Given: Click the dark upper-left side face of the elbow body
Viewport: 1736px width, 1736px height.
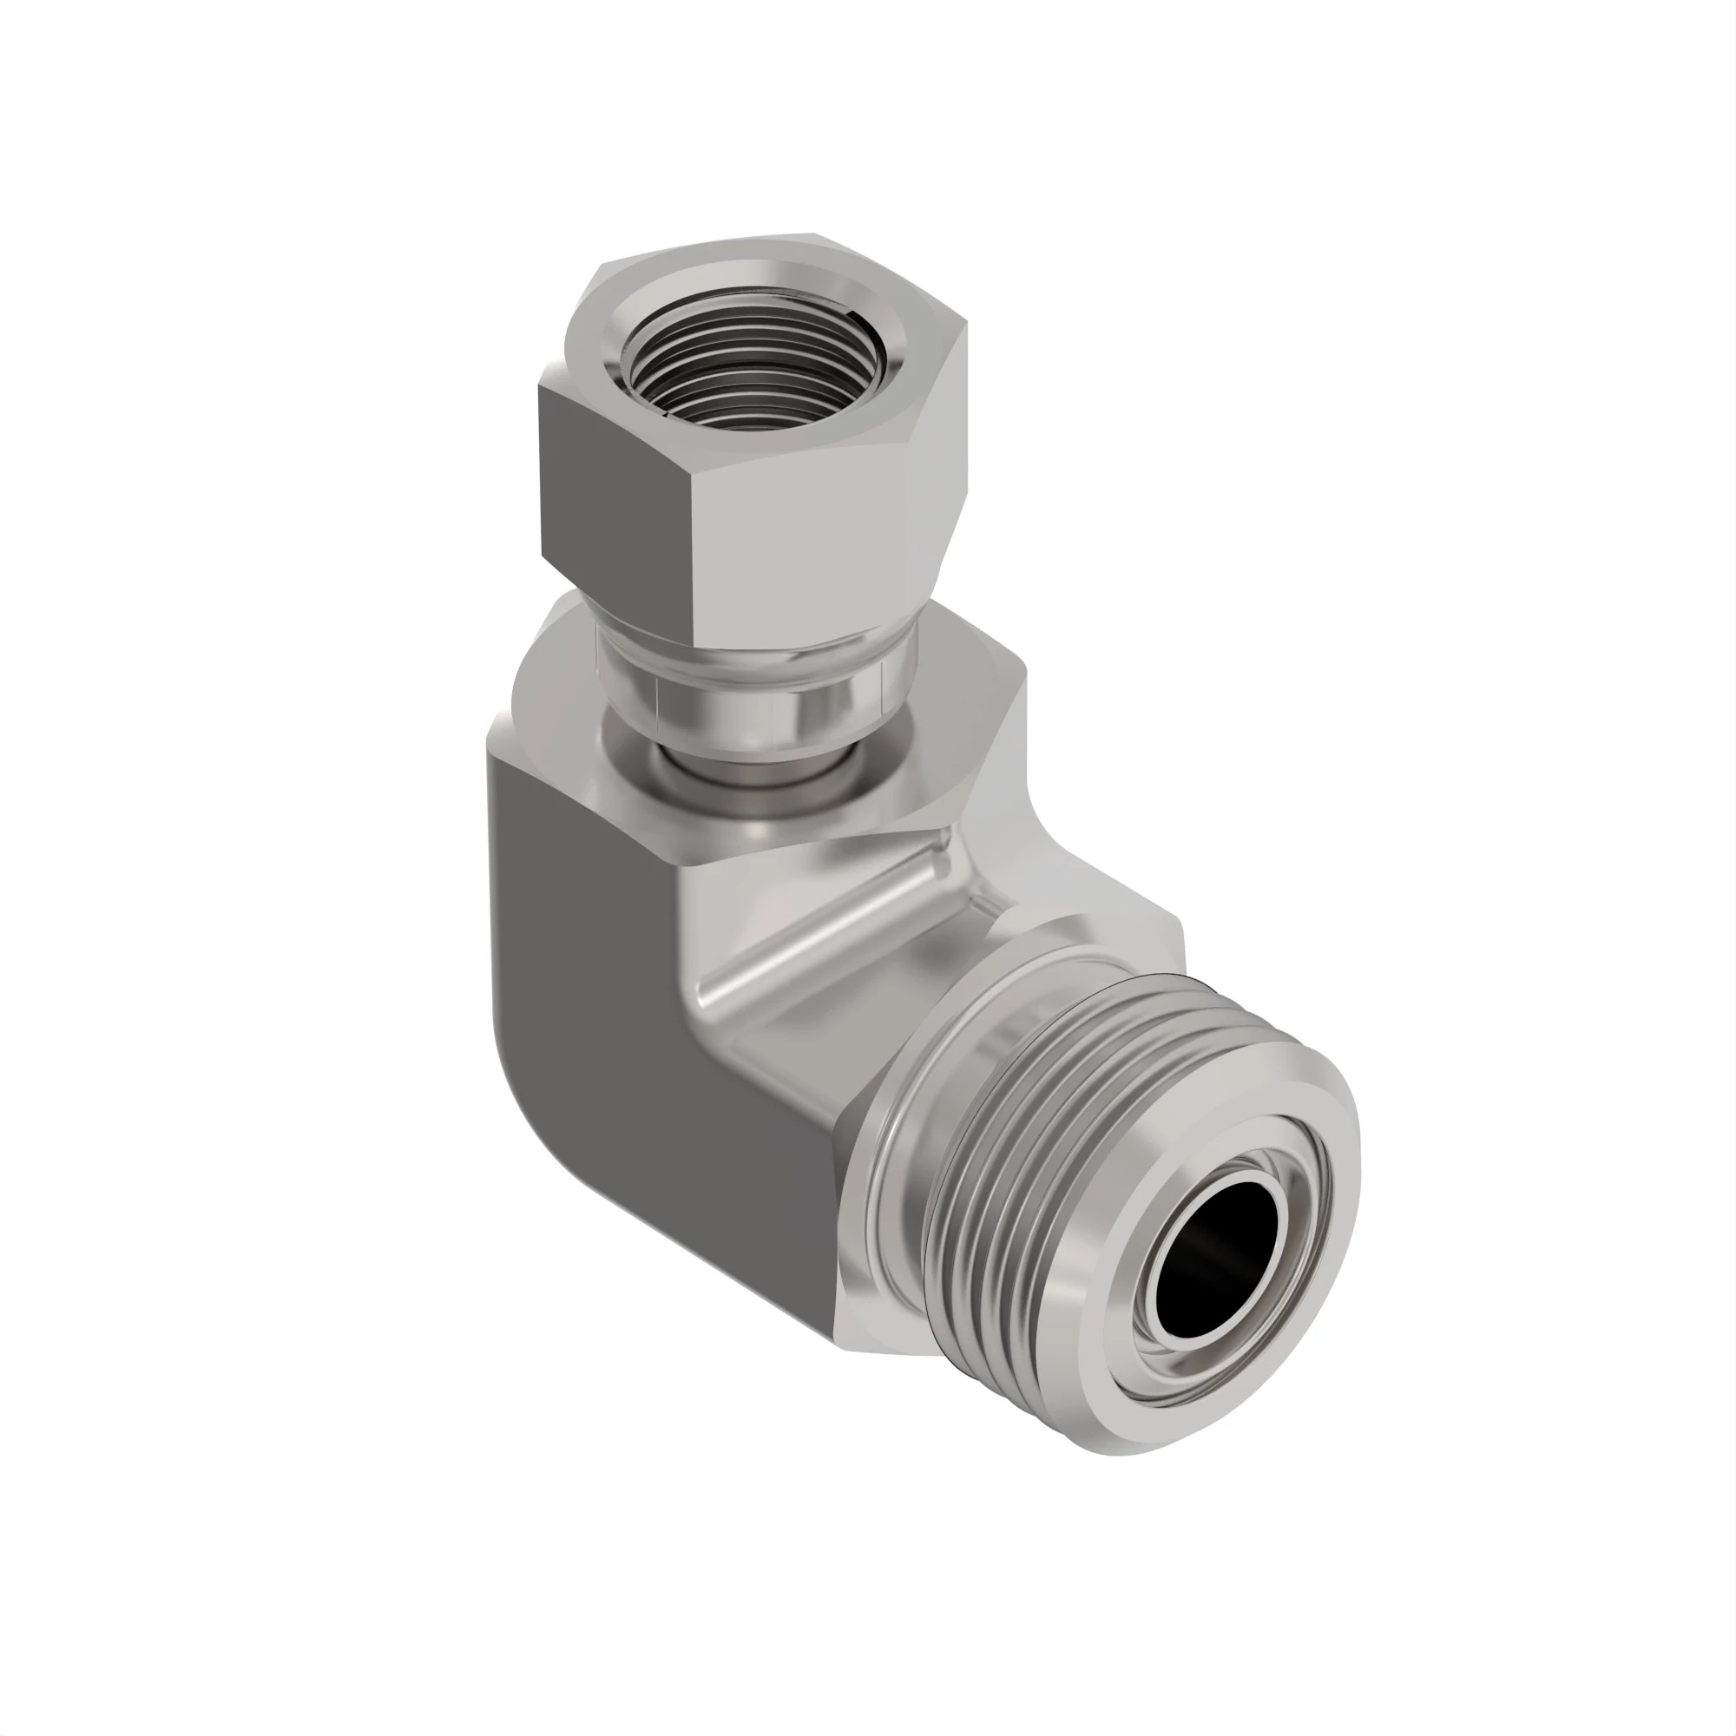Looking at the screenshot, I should pos(575,898).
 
